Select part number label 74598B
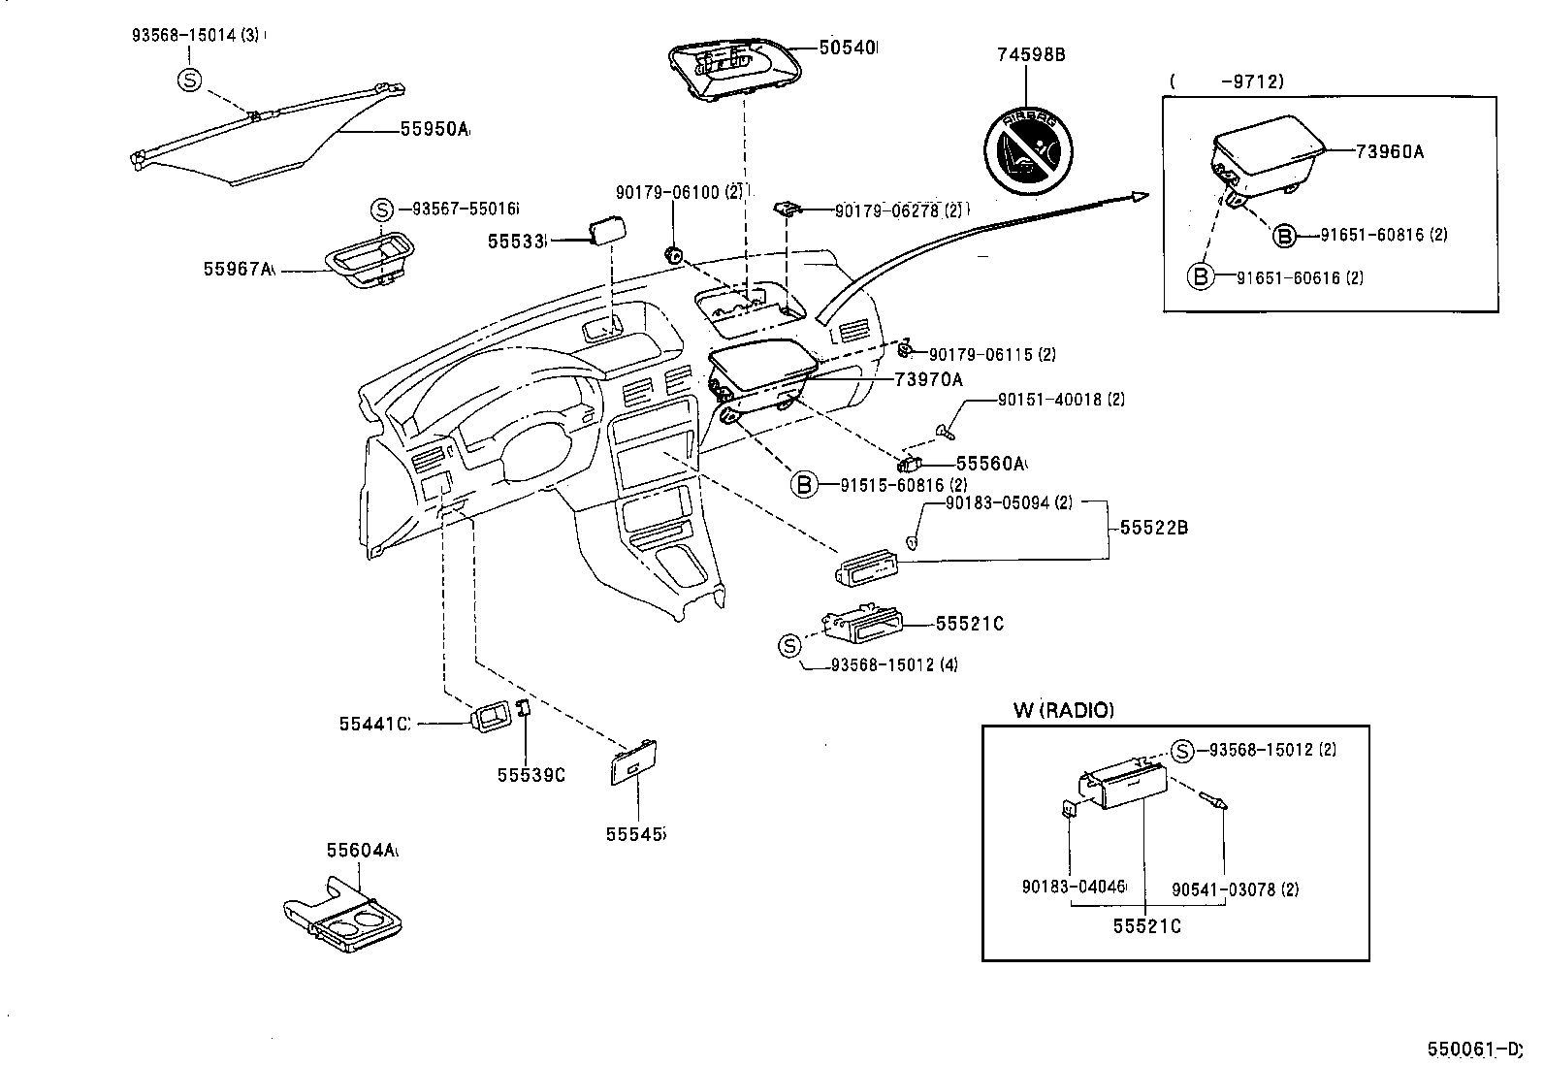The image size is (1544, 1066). click(x=1030, y=54)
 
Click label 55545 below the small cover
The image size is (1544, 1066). click(x=635, y=833)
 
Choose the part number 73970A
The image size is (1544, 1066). click(x=928, y=380)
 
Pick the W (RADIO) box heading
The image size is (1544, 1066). click(x=1063, y=710)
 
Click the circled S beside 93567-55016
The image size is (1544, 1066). click(x=382, y=209)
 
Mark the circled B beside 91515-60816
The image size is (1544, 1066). click(x=804, y=484)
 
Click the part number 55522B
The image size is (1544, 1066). click(x=1153, y=528)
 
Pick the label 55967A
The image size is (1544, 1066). click(x=239, y=269)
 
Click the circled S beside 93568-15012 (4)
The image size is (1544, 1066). click(x=790, y=644)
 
